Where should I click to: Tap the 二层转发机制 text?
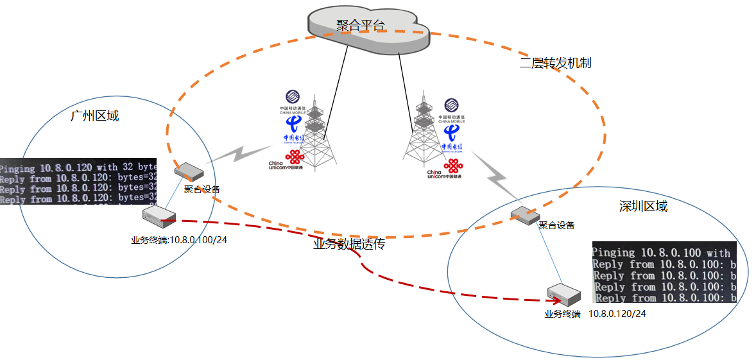(555, 63)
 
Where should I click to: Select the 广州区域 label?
(94, 116)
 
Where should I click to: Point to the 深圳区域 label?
(643, 207)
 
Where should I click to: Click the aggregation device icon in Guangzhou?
(189, 171)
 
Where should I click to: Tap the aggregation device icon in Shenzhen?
(524, 215)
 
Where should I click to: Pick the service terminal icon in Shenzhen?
(565, 295)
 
